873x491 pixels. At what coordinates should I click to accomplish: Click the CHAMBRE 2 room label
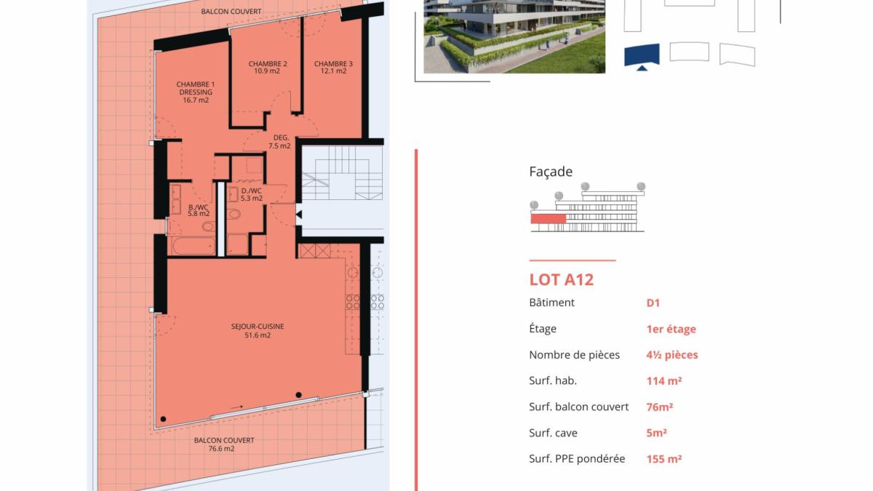[x=268, y=63]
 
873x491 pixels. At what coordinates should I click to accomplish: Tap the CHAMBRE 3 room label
[x=333, y=63]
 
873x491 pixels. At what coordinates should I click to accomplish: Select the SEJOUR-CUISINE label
[x=258, y=326]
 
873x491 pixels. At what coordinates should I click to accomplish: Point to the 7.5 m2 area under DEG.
[x=279, y=145]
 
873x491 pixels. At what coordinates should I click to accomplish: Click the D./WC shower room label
[x=252, y=191]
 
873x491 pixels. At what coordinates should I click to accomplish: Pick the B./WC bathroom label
[x=198, y=207]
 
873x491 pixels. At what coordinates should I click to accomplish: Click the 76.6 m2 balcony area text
[x=221, y=449]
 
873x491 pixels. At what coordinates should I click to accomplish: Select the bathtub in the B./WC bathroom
[x=194, y=246]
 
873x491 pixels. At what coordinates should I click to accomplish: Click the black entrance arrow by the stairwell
[x=298, y=215]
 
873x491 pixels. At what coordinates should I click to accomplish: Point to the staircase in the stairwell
[x=342, y=173]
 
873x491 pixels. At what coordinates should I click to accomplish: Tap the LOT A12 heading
[x=561, y=279]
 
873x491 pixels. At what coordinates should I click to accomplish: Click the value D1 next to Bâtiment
[x=653, y=303]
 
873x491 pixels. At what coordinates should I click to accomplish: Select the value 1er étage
[x=671, y=329]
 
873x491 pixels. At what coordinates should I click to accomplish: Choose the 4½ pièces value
[x=672, y=355]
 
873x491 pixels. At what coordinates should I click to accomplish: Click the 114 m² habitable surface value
[x=664, y=380]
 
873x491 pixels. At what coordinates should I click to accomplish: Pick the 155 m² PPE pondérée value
[x=664, y=459]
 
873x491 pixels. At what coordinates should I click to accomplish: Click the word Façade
[x=551, y=172]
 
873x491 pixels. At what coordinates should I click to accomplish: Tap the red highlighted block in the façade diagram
[x=548, y=219]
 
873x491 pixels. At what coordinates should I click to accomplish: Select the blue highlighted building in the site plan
[x=642, y=55]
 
